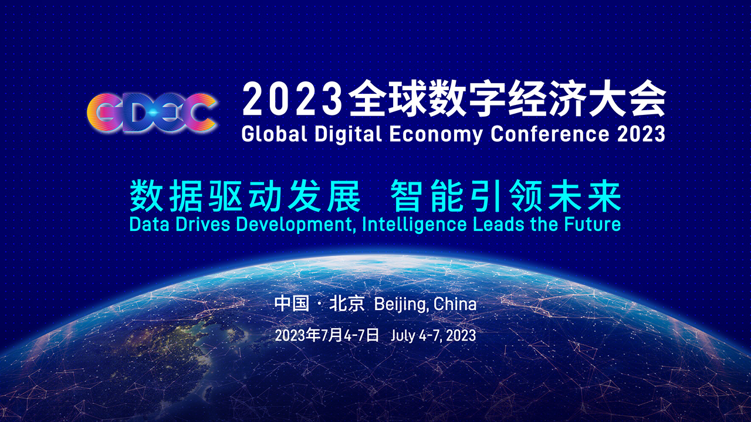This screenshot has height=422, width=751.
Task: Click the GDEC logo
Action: click(x=151, y=113)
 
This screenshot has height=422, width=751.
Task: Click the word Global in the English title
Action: click(x=274, y=134)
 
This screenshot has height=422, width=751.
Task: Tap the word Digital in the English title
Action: click(x=349, y=135)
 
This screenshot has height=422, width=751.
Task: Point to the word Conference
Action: click(x=550, y=134)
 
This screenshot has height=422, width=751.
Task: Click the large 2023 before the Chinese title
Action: click(x=292, y=99)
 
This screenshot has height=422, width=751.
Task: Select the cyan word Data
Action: click(x=149, y=224)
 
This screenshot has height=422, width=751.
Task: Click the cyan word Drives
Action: click(x=203, y=224)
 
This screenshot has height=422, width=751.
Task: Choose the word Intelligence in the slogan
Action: click(x=414, y=225)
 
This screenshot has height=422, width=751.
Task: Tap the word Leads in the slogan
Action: click(x=499, y=224)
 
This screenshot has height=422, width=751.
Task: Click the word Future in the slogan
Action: click(x=593, y=224)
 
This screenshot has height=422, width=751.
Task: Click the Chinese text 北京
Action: click(x=347, y=304)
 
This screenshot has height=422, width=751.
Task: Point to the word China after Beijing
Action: click(x=455, y=304)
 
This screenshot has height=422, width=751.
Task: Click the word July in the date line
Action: click(x=402, y=336)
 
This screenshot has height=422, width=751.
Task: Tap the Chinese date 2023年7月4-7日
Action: click(x=327, y=335)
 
